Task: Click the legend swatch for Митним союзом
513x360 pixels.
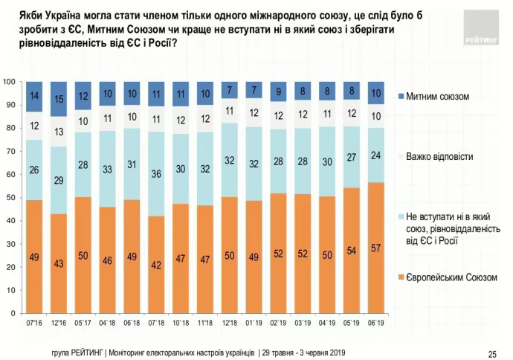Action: coord(401,97)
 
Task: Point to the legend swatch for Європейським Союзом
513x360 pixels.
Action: coord(401,277)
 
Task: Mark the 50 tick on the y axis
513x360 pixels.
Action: coord(11,197)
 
